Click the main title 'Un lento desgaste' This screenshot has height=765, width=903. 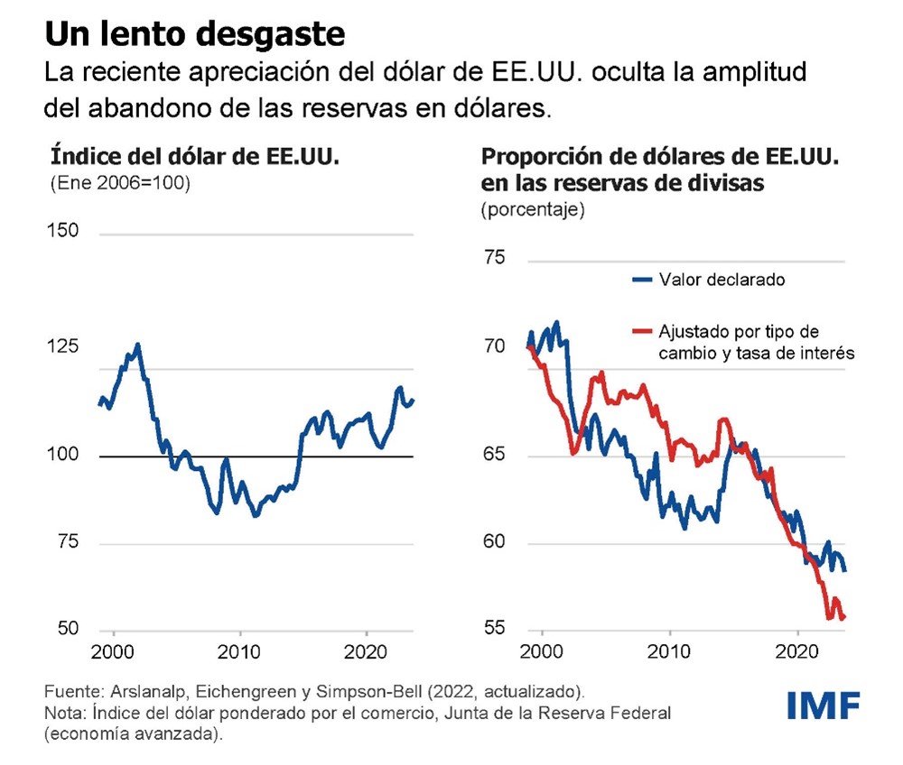click(195, 34)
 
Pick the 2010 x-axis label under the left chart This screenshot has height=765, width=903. click(240, 652)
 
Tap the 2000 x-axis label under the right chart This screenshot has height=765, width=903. click(542, 652)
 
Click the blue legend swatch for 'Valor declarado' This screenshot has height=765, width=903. click(643, 280)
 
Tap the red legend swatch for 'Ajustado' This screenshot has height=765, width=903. click(643, 332)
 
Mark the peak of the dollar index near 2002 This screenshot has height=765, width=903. click(137, 344)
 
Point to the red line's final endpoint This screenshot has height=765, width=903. click(843, 618)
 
